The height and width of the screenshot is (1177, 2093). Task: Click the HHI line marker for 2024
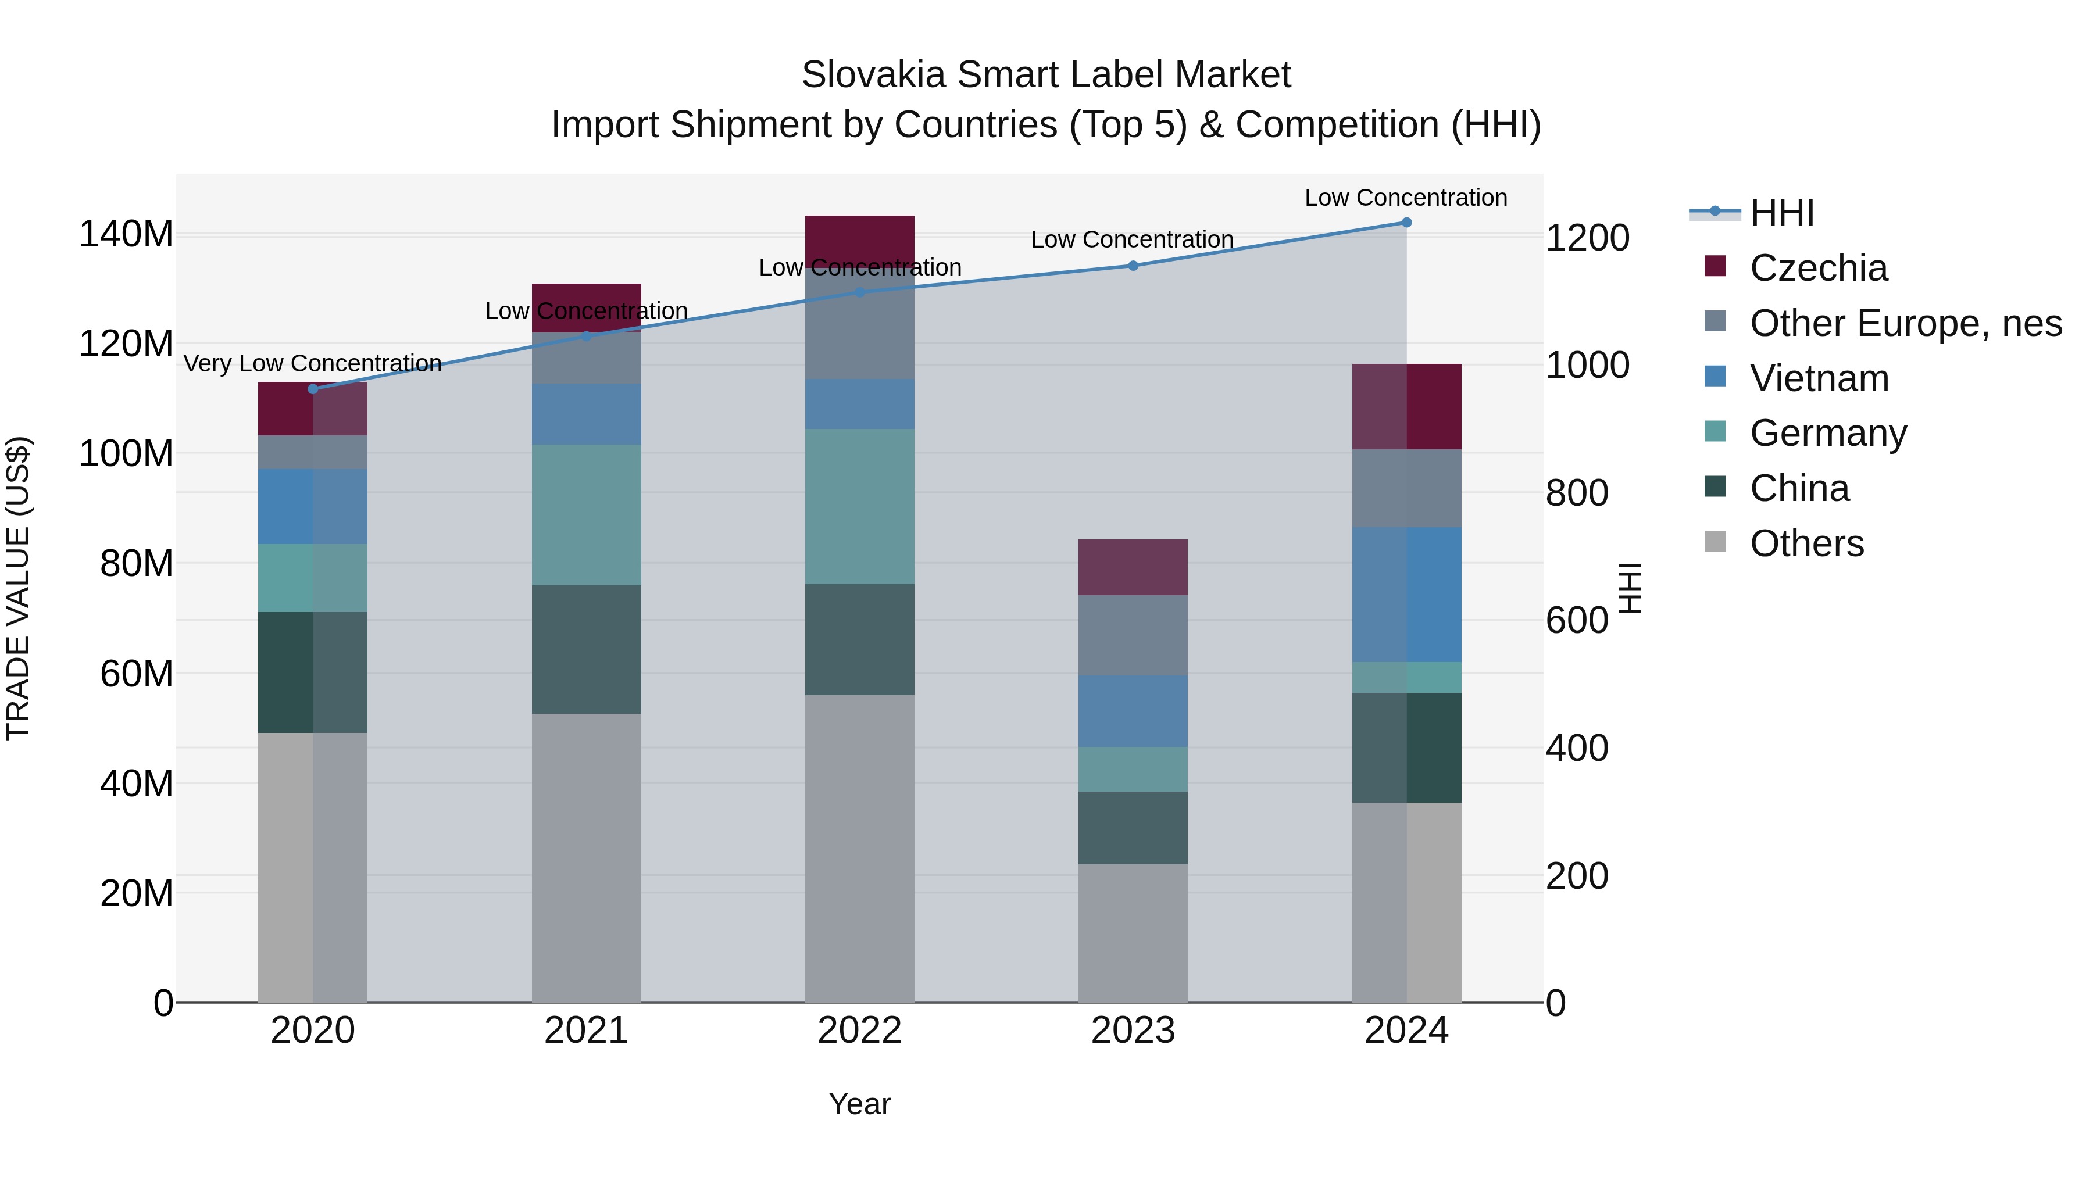[1406, 223]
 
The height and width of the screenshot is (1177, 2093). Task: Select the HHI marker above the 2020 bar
[313, 389]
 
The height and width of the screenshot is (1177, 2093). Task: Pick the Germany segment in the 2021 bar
[586, 514]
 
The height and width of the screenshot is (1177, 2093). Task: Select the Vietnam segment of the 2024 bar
[1406, 594]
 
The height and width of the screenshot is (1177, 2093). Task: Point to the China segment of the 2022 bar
[860, 639]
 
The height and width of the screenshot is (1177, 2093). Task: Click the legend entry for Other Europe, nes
[1905, 323]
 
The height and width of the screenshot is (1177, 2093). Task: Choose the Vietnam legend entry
[1819, 378]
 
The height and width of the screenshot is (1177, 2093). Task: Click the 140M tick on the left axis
[126, 235]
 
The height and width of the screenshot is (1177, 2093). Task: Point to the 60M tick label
[137, 674]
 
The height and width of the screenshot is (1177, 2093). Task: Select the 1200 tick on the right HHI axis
[1587, 239]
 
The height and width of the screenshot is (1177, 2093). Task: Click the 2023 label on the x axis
[1133, 1031]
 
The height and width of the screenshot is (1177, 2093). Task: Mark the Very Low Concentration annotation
[313, 363]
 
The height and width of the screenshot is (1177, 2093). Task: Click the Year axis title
[860, 1104]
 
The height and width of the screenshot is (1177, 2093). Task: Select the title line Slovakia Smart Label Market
[1046, 75]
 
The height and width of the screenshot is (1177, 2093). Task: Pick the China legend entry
[1799, 488]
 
